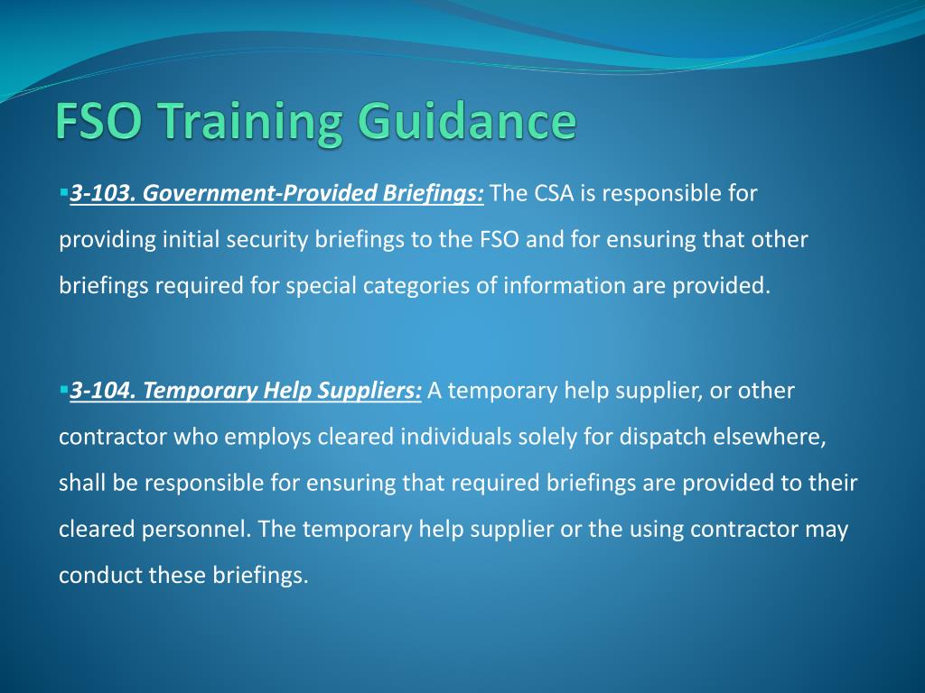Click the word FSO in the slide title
pyautogui.click(x=93, y=122)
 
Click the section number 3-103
pyautogui.click(x=100, y=193)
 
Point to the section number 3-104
pyautogui.click(x=101, y=391)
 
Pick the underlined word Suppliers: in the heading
pyautogui.click(x=377, y=391)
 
